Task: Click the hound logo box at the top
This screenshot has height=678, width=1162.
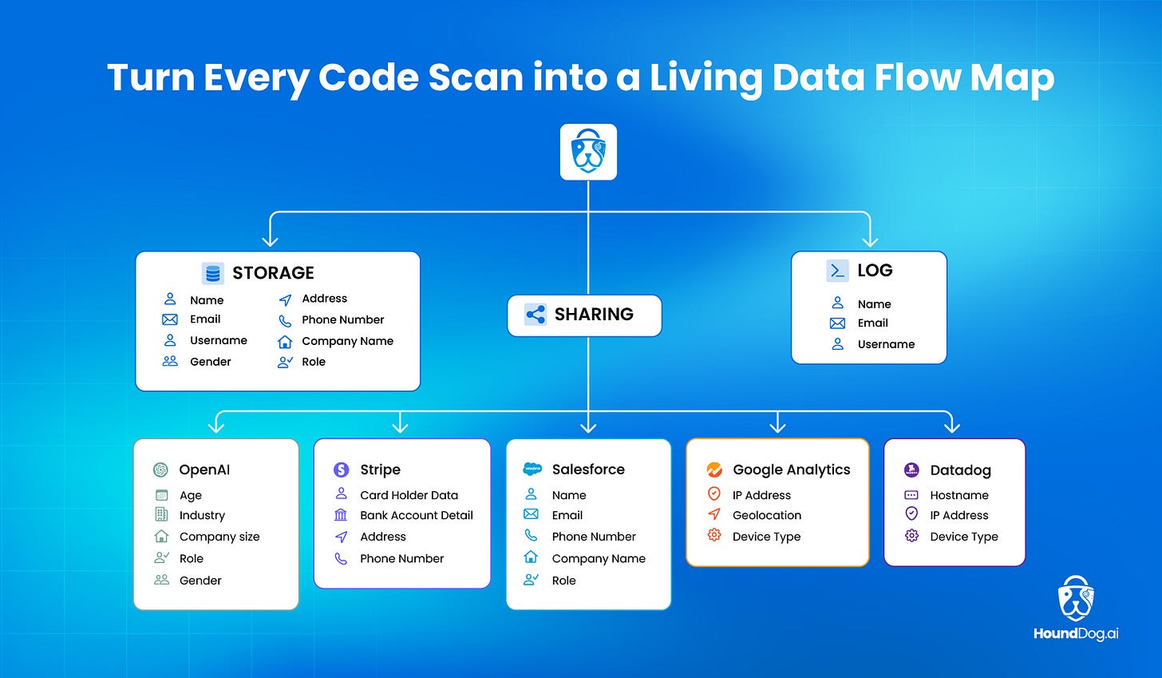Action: [x=588, y=152]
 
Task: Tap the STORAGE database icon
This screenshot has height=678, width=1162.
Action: [x=212, y=273]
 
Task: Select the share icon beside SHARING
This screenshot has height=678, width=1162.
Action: [x=536, y=314]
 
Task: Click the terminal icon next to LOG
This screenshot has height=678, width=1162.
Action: [x=837, y=271]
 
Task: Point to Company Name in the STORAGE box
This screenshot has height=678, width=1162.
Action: [x=347, y=341]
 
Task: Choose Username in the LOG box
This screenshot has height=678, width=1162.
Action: [x=886, y=344]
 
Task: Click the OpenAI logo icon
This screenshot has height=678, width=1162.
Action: [x=160, y=470]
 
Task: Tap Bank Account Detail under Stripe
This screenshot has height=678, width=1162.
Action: [x=416, y=515]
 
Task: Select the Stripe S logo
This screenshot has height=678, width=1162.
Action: [x=341, y=470]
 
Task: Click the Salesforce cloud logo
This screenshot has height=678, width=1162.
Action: [x=532, y=469]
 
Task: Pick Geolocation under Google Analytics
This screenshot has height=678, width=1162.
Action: [x=766, y=515]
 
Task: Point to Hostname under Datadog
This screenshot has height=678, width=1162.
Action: [x=958, y=495]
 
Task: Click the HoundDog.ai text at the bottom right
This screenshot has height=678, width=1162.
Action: [x=1075, y=633]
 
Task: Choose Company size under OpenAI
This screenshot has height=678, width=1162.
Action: [x=219, y=537]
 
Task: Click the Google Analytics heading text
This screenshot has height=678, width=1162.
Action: [x=791, y=470]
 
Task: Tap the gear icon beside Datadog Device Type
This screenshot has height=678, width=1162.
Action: [x=911, y=536]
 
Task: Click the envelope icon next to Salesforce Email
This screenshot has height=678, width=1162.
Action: [x=531, y=514]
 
